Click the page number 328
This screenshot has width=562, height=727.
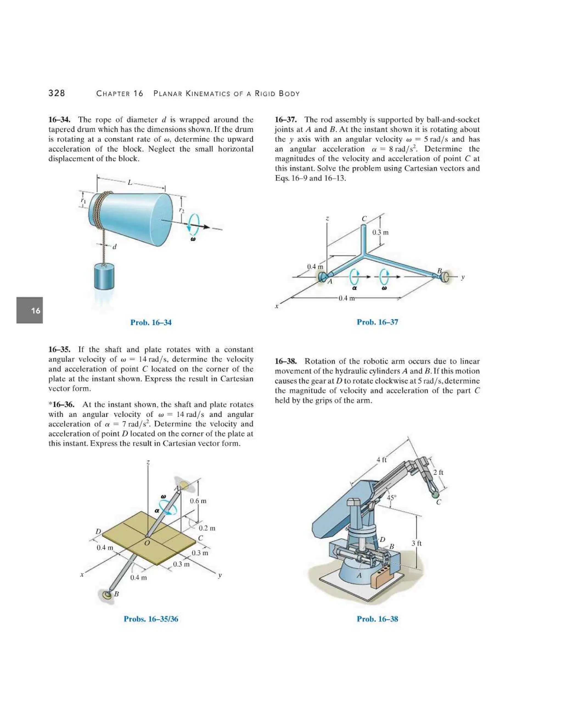point(57,93)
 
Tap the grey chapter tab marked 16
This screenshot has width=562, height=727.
point(30,310)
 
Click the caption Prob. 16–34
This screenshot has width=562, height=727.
point(151,322)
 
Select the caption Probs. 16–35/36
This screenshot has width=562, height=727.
point(151,619)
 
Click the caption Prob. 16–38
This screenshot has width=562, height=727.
point(377,619)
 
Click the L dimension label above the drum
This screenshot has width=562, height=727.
point(130,182)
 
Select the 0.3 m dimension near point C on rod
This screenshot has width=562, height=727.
point(380,232)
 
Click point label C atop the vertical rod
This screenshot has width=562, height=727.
point(364,219)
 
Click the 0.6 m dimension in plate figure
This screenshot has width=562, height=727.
point(198,501)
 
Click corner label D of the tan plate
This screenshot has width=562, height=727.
point(98,531)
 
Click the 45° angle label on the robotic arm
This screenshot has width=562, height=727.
point(391,498)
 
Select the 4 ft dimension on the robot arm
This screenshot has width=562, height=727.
point(381,460)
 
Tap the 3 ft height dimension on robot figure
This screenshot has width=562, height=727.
point(416,543)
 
